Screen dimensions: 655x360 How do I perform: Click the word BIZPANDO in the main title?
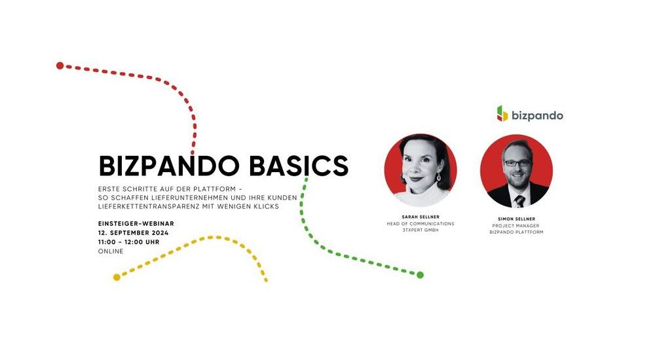pyautogui.click(x=169, y=166)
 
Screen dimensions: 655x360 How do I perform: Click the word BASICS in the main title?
pyautogui.click(x=299, y=166)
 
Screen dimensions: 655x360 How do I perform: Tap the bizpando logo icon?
pyautogui.click(x=502, y=114)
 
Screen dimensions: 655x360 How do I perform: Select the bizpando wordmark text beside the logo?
pyautogui.click(x=537, y=115)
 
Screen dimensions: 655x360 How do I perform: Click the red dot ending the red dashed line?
pyautogui.click(x=60, y=65)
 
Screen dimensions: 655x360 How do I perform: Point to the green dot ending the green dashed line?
pyautogui.click(x=421, y=275)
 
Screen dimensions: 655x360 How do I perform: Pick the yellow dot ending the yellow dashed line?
pyautogui.click(x=117, y=278)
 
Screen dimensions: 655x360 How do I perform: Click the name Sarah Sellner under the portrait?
pyautogui.click(x=421, y=217)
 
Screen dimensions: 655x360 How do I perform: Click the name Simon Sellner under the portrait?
pyautogui.click(x=516, y=219)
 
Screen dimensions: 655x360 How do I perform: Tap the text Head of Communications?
pyautogui.click(x=421, y=224)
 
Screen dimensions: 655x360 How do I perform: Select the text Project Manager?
pyautogui.click(x=516, y=226)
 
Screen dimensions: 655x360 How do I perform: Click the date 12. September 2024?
pyautogui.click(x=133, y=232)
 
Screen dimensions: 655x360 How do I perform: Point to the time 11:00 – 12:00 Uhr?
pyautogui.click(x=128, y=242)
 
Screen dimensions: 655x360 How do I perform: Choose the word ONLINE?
pyautogui.click(x=111, y=251)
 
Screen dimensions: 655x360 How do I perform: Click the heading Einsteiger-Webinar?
pyautogui.click(x=136, y=224)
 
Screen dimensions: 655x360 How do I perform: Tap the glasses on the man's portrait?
pyautogui.click(x=517, y=163)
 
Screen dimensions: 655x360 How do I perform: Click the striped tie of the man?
pyautogui.click(x=519, y=202)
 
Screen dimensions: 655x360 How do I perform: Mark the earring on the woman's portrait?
pyautogui.click(x=439, y=177)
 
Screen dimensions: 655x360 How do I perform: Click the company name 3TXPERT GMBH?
pyautogui.click(x=421, y=230)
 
